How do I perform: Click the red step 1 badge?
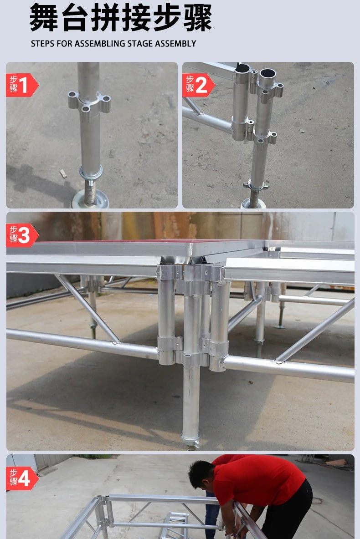[x=22, y=85]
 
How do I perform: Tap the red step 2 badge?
[x=198, y=85]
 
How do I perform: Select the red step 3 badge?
[x=22, y=235]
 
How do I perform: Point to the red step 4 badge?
[x=22, y=478]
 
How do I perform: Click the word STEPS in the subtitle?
[x=43, y=44]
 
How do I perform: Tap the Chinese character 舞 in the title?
[x=44, y=18]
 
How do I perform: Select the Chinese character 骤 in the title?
[x=198, y=18]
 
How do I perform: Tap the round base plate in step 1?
[x=90, y=199]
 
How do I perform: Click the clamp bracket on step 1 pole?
[x=89, y=102]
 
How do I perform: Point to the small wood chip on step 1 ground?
[x=63, y=173]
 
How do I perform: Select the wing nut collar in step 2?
[x=256, y=186]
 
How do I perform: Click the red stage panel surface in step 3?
[x=113, y=242]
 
